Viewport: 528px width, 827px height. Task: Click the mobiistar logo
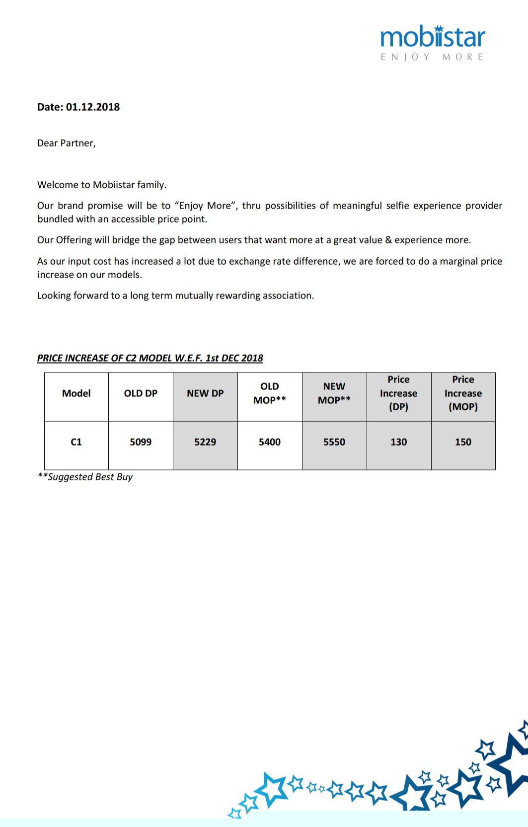click(432, 38)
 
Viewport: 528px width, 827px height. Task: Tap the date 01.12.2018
click(93, 107)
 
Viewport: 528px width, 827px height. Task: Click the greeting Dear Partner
click(66, 144)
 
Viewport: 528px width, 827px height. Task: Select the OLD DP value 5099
click(141, 442)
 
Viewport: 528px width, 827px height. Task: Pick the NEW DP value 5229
click(205, 442)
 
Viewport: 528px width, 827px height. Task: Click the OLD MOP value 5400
click(270, 442)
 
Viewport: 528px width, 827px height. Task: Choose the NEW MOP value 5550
click(334, 442)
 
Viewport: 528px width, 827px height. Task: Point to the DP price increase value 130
click(398, 442)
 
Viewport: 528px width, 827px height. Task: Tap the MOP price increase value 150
click(463, 442)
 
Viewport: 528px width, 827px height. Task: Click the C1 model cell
click(76, 442)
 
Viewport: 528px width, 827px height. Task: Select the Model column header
click(76, 393)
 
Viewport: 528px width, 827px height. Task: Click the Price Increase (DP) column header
click(398, 393)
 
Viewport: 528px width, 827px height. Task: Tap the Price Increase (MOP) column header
click(463, 393)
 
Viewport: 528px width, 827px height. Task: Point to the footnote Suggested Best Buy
click(85, 477)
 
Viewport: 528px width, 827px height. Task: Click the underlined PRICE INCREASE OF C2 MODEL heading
click(150, 358)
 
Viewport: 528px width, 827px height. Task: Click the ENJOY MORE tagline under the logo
click(432, 57)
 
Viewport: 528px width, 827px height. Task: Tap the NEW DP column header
click(205, 393)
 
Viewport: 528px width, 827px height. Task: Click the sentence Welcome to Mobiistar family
click(102, 185)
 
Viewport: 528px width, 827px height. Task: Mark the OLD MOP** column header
click(270, 393)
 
